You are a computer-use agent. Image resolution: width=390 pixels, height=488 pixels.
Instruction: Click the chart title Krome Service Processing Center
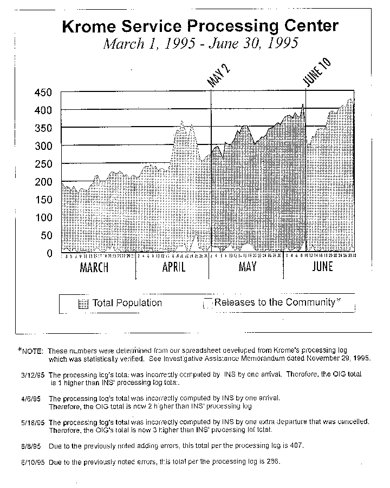(200, 27)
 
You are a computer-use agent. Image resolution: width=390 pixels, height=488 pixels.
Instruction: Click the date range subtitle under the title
(200, 44)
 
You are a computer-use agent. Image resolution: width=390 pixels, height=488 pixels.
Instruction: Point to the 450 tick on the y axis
(43, 93)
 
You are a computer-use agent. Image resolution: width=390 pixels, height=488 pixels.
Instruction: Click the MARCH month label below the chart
(94, 267)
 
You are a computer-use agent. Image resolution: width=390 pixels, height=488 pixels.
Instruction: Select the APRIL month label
(174, 267)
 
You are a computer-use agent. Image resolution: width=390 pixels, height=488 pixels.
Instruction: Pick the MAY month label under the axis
(247, 267)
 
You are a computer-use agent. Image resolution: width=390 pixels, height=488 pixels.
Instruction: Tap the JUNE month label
(322, 267)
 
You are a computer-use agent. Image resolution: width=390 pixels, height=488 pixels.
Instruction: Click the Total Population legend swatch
(83, 304)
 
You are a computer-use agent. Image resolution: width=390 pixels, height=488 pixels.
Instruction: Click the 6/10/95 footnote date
(32, 463)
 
